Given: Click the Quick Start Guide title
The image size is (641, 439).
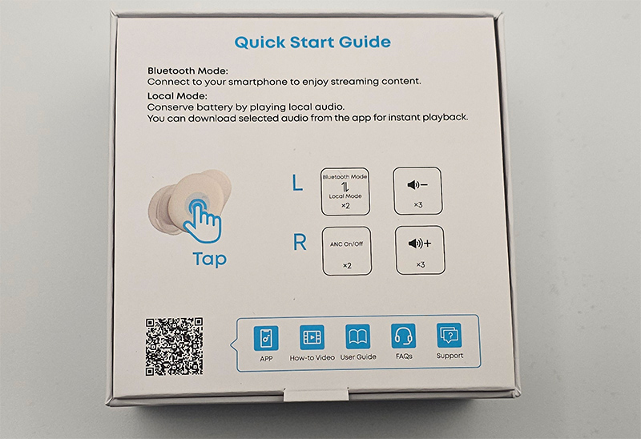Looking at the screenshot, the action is [312, 42].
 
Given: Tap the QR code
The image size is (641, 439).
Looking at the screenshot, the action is [174, 347].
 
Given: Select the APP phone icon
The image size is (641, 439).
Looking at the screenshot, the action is [266, 338].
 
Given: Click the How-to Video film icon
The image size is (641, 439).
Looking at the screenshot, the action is [312, 337].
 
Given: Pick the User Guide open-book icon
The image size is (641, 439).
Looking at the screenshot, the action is [357, 336].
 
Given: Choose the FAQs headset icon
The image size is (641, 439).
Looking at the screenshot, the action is [404, 336].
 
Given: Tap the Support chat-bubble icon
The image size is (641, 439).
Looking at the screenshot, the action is [450, 336].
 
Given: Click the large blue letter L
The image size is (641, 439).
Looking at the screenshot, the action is [297, 183].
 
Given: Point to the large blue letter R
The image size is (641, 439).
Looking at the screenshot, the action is [300, 242].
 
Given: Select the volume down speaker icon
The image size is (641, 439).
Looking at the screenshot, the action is [417, 185].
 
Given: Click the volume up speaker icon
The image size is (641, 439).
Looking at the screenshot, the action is [420, 244].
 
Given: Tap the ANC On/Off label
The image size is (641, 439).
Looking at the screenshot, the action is [347, 244].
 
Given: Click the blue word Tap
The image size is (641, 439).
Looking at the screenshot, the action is [209, 259].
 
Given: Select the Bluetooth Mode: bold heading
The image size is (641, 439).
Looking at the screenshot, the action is [187, 71].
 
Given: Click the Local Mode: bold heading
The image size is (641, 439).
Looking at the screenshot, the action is [177, 96].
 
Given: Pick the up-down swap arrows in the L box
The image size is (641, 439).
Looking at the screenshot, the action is [345, 187].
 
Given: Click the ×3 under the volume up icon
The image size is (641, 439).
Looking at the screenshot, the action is [420, 265].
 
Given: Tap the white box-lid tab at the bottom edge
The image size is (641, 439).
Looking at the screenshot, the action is [316, 395].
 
